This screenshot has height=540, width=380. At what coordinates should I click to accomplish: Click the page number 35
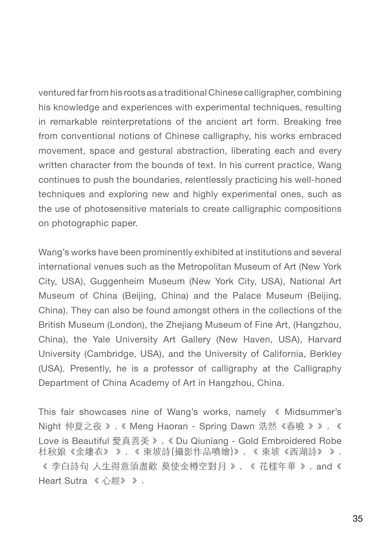(357, 518)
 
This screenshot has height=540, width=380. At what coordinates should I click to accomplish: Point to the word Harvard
(325, 339)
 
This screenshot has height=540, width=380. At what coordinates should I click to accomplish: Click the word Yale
(101, 339)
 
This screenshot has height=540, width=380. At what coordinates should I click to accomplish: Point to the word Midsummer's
(313, 412)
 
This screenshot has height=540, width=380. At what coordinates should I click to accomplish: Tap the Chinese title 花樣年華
(277, 467)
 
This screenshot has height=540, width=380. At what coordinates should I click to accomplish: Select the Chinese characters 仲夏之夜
(84, 426)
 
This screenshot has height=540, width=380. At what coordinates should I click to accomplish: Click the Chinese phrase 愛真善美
(130, 441)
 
